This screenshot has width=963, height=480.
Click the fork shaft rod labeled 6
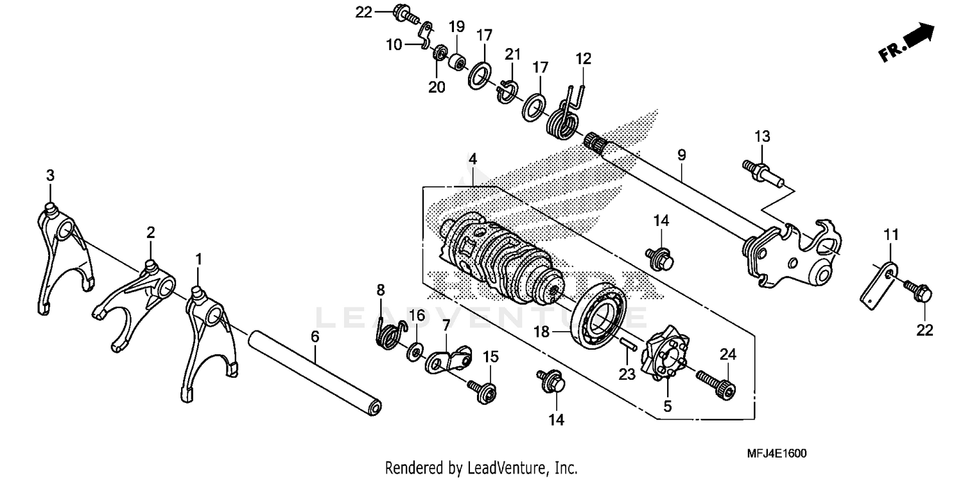pyautogui.click(x=318, y=372)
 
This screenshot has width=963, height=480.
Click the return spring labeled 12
pyautogui.click(x=565, y=112)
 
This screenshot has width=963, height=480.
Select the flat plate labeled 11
pyautogui.click(x=877, y=280)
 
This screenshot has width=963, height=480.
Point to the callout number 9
pyautogui.click(x=681, y=155)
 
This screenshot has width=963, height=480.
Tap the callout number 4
pyautogui.click(x=472, y=158)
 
